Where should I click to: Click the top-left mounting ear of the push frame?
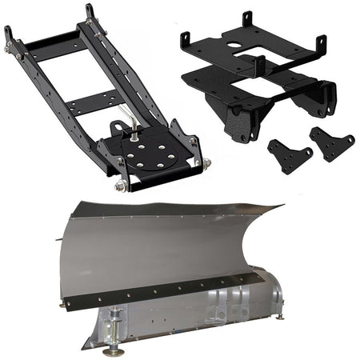[x=9, y=35]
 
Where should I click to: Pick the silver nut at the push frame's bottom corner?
[x=121, y=185]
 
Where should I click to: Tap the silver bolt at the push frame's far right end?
[x=206, y=162]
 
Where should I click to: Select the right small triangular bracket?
[x=332, y=143]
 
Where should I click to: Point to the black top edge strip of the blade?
[x=160, y=209]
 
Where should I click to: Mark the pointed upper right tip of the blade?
[x=281, y=206]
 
